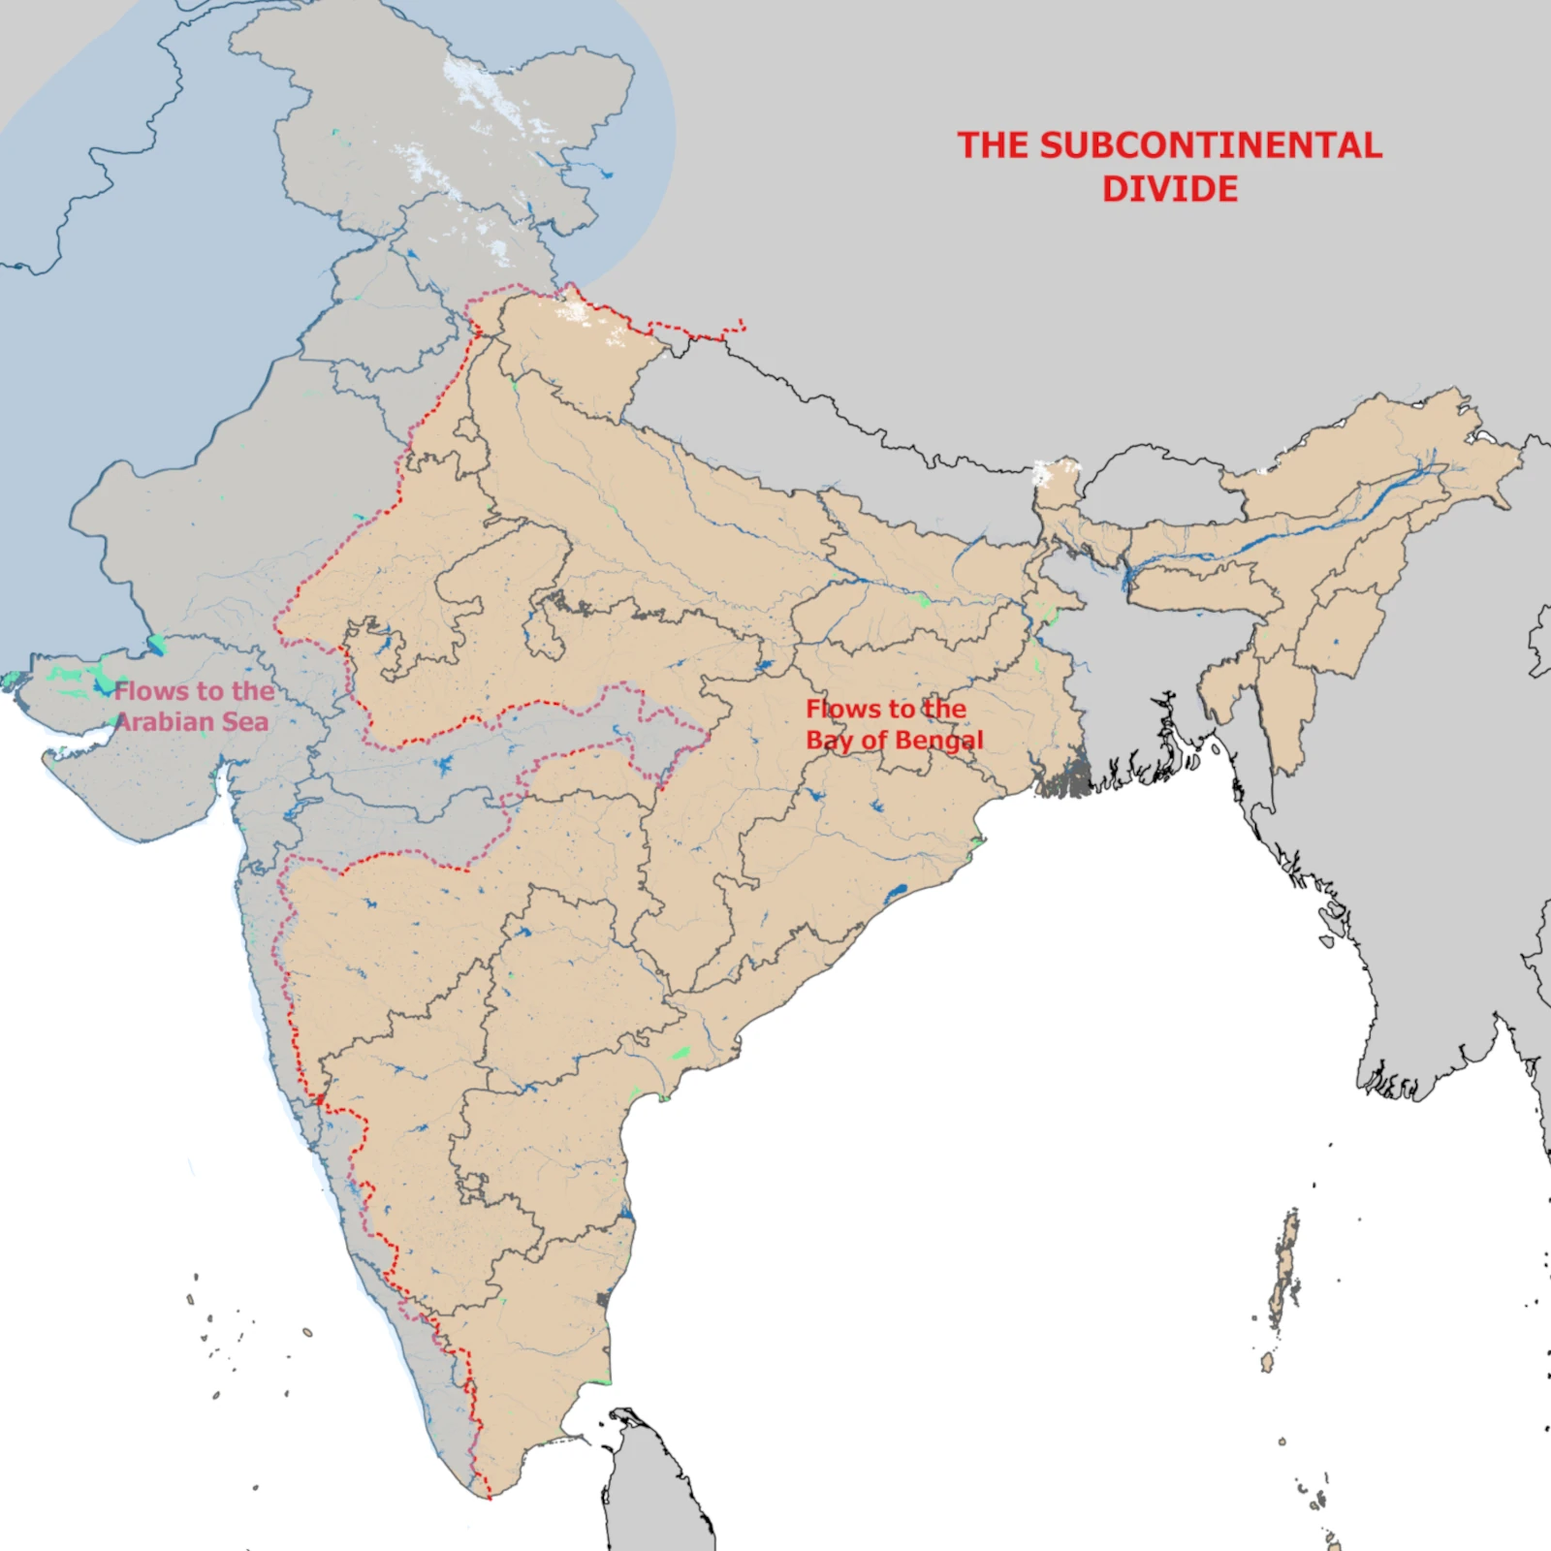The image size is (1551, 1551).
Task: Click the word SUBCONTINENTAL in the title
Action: (1211, 145)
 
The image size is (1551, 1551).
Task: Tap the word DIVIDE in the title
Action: (1170, 189)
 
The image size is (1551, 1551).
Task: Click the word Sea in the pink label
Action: (245, 722)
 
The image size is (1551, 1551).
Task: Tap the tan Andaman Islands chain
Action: (1285, 1270)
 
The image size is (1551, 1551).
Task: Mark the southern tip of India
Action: (489, 1497)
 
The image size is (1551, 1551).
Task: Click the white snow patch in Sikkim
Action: (1043, 474)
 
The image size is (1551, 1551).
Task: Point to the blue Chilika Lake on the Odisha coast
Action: (898, 889)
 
